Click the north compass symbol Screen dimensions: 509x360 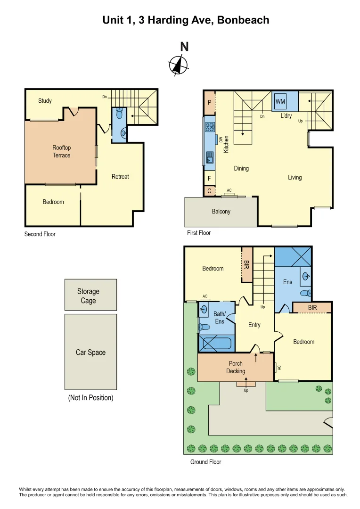coord(179,65)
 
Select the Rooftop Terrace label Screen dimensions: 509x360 coord(61,151)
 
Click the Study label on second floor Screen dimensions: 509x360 coord(45,101)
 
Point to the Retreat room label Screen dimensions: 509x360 coord(120,177)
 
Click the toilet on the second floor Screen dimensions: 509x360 coord(120,115)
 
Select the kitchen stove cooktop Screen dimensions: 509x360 coord(209,127)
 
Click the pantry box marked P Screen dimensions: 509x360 coord(209,102)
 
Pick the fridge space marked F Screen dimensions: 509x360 coord(209,179)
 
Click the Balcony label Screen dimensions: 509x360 coord(221,212)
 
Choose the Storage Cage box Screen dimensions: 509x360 coord(90,295)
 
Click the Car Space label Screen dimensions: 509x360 coord(90,353)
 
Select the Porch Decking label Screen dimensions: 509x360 coord(236,367)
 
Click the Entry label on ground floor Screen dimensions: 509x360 coord(254,325)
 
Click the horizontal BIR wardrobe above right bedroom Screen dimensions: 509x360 coord(312,307)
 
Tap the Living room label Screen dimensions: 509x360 coord(295,178)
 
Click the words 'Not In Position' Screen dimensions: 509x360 coord(90,398)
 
